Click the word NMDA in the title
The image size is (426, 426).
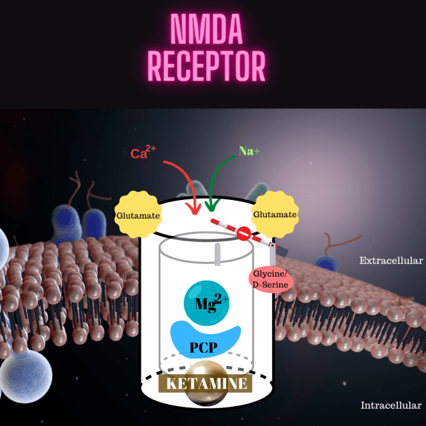point(206,29)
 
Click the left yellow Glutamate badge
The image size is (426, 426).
point(138,215)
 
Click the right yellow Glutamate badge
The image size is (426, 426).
point(273,215)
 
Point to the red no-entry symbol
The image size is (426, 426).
point(244,233)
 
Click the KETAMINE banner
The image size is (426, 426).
point(206,383)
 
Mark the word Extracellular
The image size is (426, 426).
point(391,261)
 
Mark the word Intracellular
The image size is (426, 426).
point(391,405)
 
